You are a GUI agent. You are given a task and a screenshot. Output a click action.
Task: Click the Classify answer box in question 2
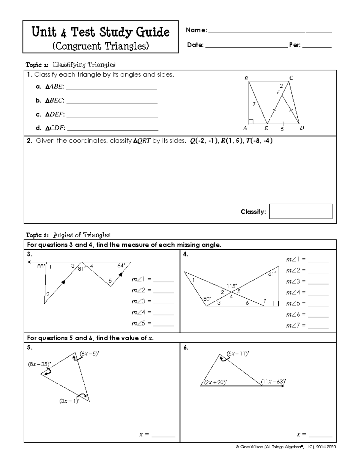point(301,211)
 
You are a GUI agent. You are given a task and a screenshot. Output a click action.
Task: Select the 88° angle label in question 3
point(41,266)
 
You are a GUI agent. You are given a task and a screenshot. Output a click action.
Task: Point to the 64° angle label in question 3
point(121,266)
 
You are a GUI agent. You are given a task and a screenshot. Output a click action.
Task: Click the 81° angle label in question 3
point(82,269)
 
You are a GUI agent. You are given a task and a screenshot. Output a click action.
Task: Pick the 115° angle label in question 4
point(232,286)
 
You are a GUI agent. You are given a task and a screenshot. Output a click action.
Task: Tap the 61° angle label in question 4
point(272,274)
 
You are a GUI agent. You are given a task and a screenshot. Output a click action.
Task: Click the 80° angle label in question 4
point(207,299)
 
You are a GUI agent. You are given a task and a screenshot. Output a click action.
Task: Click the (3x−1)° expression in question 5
point(69,401)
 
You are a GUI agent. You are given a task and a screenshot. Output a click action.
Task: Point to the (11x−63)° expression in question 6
point(273,382)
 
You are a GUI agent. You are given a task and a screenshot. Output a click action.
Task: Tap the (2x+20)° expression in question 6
point(216,382)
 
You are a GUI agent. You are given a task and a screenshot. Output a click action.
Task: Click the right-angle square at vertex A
point(251,122)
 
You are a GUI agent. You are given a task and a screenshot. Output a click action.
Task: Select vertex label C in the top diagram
point(291,78)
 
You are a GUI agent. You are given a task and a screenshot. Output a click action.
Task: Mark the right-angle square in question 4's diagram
point(276,303)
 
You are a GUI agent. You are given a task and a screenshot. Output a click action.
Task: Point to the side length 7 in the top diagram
point(254,104)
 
